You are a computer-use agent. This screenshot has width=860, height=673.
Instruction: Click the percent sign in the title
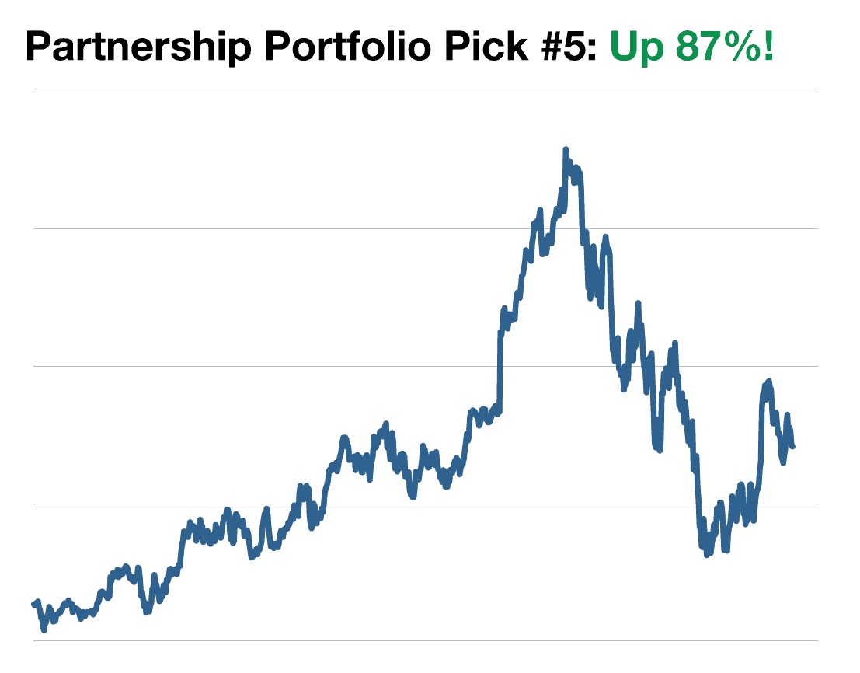pyautogui.click(x=742, y=47)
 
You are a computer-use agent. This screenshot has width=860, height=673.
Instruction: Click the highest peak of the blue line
pyautogui.click(x=565, y=149)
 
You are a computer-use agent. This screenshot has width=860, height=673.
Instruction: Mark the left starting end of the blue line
pyautogui.click(x=33, y=604)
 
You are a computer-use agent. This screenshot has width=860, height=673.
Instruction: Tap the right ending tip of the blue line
pyautogui.click(x=792, y=446)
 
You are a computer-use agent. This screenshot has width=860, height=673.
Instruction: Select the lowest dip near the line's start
pyautogui.click(x=44, y=629)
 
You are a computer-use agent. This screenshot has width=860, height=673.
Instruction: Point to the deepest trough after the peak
pyautogui.click(x=706, y=556)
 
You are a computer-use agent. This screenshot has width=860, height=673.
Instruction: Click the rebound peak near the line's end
pyautogui.click(x=768, y=382)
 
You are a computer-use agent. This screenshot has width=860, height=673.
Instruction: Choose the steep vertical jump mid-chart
pyautogui.click(x=500, y=365)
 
